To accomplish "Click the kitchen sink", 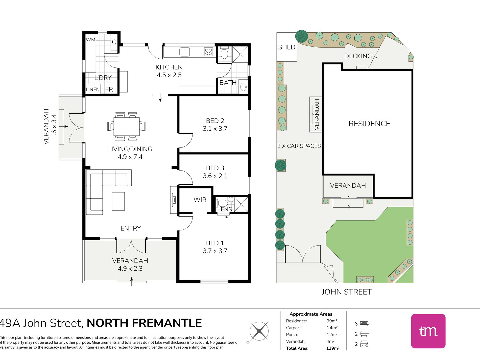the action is coord(184,52).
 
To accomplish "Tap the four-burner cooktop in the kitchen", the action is coord(208,52).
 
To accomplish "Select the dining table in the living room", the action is coord(126,127).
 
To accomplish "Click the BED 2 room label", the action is coord(215,121).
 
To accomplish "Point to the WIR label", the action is coord(200,200).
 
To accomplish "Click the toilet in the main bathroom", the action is coord(224,53).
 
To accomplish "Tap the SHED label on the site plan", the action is coord(286,47).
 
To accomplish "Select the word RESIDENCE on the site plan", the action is coord(369,124).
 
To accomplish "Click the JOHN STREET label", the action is coord(346,292).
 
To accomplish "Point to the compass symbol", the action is coord(259,331).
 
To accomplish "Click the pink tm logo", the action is coord(428,331).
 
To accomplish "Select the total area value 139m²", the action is coord(333,348).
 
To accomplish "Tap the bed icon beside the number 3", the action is coord(364,324).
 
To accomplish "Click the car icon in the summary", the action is coord(364,344).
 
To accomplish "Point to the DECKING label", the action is coord(358,56).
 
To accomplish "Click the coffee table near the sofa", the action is coord(118,201).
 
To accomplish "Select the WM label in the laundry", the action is coord(90,40).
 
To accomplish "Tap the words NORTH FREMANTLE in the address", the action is coord(144,323).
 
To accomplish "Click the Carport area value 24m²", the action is coord(332,328).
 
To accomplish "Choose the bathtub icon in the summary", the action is coord(364,334).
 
